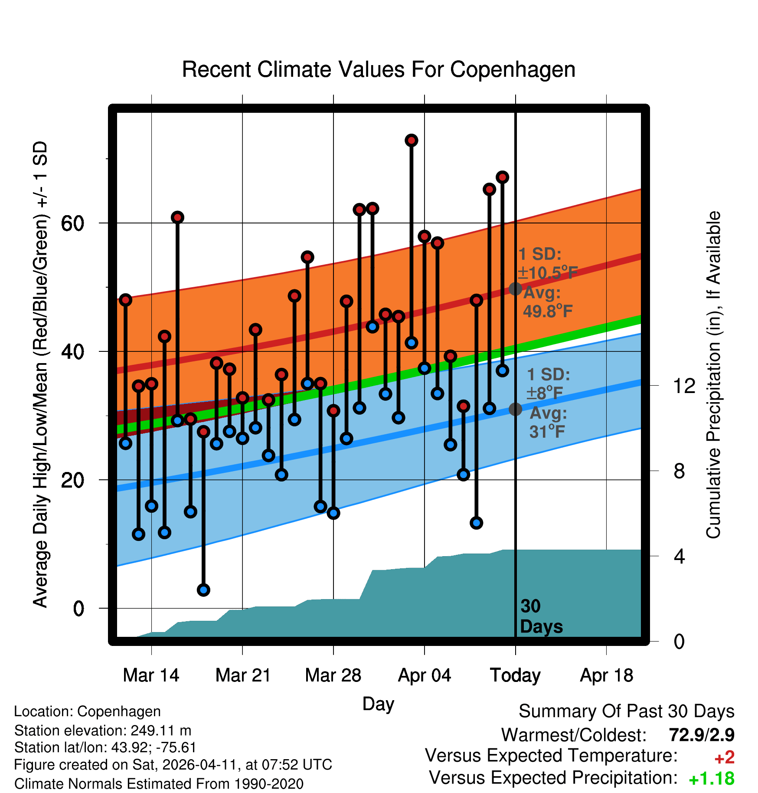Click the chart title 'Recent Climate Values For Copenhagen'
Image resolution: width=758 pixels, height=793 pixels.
[379, 69]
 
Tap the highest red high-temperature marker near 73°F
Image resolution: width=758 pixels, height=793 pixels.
[412, 140]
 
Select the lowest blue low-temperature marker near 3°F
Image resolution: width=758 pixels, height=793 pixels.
[203, 590]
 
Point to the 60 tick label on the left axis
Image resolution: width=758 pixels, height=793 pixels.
[72, 223]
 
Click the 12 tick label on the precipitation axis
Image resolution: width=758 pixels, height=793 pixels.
[684, 386]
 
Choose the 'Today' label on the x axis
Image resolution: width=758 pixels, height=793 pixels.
[515, 675]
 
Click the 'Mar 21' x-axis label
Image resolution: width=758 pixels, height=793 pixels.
[243, 675]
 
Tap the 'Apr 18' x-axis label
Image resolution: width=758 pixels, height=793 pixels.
[606, 675]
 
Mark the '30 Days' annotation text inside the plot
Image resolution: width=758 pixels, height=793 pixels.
[541, 616]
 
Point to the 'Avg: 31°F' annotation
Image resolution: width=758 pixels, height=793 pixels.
[548, 422]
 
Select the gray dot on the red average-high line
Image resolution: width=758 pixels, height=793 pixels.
[515, 288]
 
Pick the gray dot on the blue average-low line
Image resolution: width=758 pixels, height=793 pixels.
[515, 409]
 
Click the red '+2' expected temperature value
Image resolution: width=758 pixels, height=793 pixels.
[724, 757]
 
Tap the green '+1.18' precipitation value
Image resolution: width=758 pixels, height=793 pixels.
[711, 779]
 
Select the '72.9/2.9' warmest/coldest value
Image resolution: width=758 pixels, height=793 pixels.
[702, 735]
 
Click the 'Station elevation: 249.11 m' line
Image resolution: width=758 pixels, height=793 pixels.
[103, 731]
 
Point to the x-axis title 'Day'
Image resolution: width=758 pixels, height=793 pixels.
[378, 704]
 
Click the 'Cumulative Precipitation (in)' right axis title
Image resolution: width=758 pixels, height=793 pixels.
[713, 375]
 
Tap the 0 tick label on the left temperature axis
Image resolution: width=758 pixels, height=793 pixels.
[78, 608]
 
